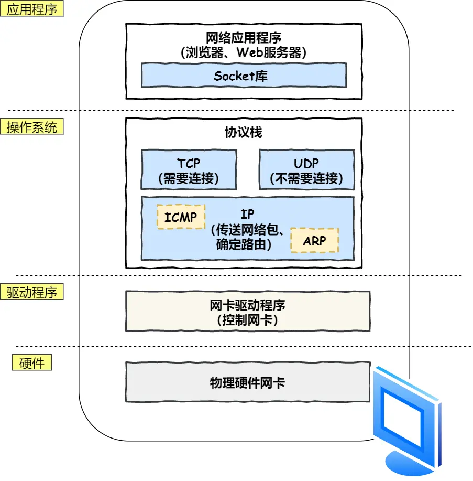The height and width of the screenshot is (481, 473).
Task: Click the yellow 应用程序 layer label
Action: point(32,9)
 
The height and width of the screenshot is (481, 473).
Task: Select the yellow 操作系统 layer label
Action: point(32,127)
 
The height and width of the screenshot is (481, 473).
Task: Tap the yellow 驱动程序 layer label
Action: point(32,292)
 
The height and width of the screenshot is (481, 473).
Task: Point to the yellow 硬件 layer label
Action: point(32,362)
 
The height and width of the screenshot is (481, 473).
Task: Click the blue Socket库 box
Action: point(244,76)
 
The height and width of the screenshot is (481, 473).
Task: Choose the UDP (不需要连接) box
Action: point(306,170)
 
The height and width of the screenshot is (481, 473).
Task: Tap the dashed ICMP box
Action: point(181,217)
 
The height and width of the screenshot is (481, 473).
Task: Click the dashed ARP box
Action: point(314,240)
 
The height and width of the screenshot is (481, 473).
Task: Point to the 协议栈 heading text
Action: point(244,132)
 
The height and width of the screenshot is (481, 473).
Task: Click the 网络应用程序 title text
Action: point(244,38)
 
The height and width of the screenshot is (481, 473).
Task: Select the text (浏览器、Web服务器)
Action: point(244,52)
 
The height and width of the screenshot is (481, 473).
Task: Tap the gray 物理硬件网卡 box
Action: point(247,382)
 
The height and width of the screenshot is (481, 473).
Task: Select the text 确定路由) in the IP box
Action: point(244,244)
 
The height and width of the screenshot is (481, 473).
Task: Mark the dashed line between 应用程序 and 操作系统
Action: point(230,110)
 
